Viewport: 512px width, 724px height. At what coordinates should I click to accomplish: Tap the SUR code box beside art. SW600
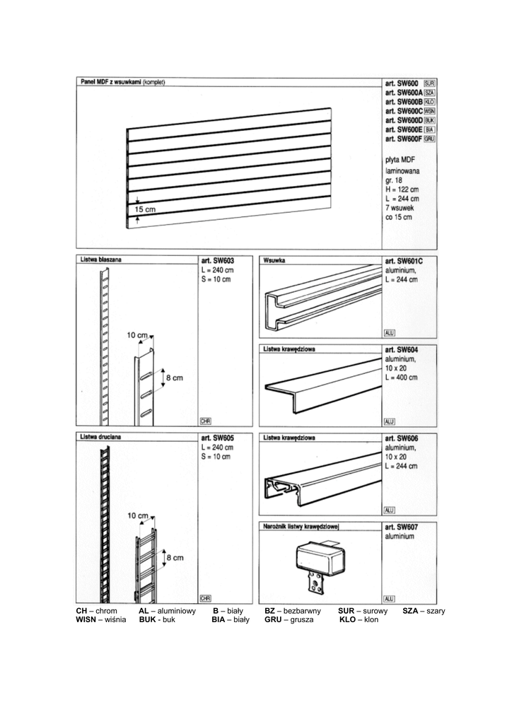pos(429,83)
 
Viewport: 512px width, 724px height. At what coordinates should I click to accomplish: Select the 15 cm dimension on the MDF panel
pos(145,210)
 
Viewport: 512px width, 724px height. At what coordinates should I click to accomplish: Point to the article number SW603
pos(216,261)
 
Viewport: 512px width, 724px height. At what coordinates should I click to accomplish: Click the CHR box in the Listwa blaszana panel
pos(206,421)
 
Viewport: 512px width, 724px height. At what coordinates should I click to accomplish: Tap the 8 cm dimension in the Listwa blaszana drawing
pos(174,378)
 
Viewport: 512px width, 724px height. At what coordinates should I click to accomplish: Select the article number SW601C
pos(404,261)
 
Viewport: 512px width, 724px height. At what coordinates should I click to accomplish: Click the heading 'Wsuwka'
pos(273,260)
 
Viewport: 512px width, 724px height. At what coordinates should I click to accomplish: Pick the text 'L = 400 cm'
pos(402,378)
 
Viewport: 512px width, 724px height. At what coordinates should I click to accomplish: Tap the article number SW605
pos(216,438)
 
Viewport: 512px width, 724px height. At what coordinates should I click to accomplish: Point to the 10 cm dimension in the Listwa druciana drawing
pos(137,515)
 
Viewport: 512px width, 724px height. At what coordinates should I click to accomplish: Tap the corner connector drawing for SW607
pos(320,562)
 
